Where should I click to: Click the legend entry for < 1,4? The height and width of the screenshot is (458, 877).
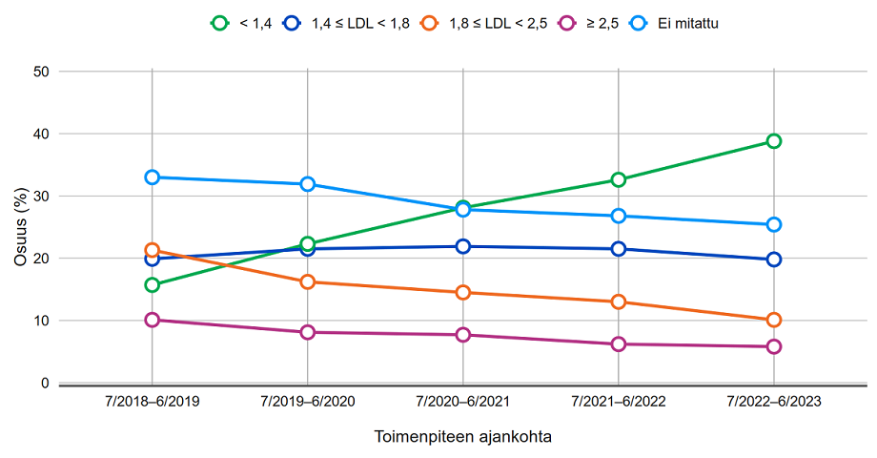click(x=241, y=22)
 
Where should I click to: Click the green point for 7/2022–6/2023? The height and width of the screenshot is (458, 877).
click(x=774, y=141)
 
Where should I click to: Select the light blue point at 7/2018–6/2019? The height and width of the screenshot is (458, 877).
click(x=153, y=177)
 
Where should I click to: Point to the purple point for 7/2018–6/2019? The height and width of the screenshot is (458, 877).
click(x=153, y=320)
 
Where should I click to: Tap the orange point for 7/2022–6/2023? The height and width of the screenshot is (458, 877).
click(x=774, y=320)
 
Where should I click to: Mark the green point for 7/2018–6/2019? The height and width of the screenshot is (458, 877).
click(x=153, y=284)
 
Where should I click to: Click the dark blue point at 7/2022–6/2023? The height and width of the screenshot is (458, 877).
click(x=774, y=260)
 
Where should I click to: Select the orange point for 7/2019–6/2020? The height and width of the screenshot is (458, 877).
click(x=308, y=281)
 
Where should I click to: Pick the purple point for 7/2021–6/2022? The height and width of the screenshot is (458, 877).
click(x=619, y=343)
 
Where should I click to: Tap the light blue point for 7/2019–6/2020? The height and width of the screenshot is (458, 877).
click(x=308, y=184)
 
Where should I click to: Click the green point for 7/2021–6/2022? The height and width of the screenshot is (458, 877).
click(x=619, y=179)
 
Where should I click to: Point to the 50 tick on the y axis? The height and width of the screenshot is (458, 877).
click(x=41, y=72)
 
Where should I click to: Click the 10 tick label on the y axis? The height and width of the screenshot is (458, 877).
click(x=41, y=321)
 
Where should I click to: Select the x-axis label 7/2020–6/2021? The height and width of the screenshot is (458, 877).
click(x=463, y=403)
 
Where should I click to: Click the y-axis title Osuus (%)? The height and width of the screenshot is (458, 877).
click(x=20, y=226)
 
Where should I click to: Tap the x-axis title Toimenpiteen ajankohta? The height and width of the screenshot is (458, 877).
click(x=463, y=437)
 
